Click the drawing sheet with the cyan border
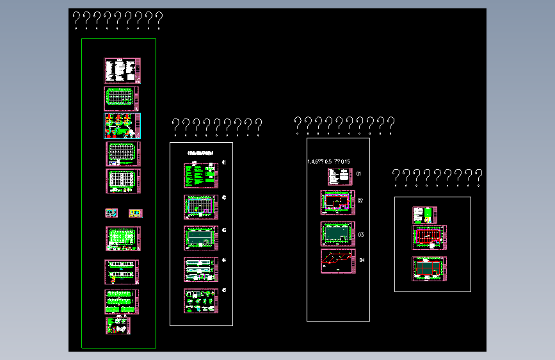click(122, 126)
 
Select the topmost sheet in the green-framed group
click(122, 70)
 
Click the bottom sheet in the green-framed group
click(118, 325)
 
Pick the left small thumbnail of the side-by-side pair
click(112, 213)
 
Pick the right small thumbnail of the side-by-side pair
click(135, 213)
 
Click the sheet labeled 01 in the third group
click(341, 177)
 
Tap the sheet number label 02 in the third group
click(360, 201)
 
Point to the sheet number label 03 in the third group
click(361, 235)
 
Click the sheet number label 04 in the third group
click(362, 260)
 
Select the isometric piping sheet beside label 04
click(337, 261)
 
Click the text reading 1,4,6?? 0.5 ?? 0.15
click(329, 161)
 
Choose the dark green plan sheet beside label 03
click(337, 234)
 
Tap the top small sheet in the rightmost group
click(424, 215)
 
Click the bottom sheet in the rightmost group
click(429, 268)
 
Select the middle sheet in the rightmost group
click(429, 237)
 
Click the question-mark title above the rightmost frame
click(437, 177)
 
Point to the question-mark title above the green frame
click(118, 20)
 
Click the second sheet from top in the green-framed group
click(122, 99)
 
